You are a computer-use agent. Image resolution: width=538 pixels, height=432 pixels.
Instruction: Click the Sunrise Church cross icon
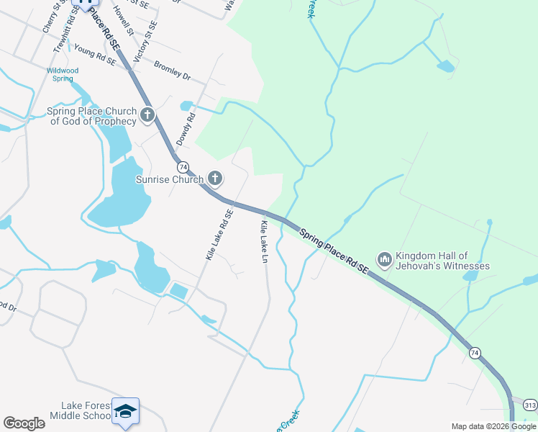[215, 178]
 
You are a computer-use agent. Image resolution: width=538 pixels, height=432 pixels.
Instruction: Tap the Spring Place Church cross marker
[147, 114]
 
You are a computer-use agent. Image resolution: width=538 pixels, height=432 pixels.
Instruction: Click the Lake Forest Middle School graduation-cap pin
[126, 410]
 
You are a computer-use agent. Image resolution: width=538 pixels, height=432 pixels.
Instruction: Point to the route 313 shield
[530, 404]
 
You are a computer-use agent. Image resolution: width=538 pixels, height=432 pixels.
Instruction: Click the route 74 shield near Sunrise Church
[183, 166]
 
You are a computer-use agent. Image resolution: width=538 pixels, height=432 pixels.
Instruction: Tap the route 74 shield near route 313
[474, 352]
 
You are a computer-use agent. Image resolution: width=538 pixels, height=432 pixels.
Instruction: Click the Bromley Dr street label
[172, 69]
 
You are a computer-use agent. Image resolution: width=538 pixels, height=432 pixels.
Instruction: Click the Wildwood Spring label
[63, 74]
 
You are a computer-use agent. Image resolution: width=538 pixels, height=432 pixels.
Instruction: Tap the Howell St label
[123, 20]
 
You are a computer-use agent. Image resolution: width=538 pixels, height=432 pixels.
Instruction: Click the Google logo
[24, 423]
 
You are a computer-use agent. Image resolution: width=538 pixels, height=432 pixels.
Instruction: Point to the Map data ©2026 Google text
[493, 426]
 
